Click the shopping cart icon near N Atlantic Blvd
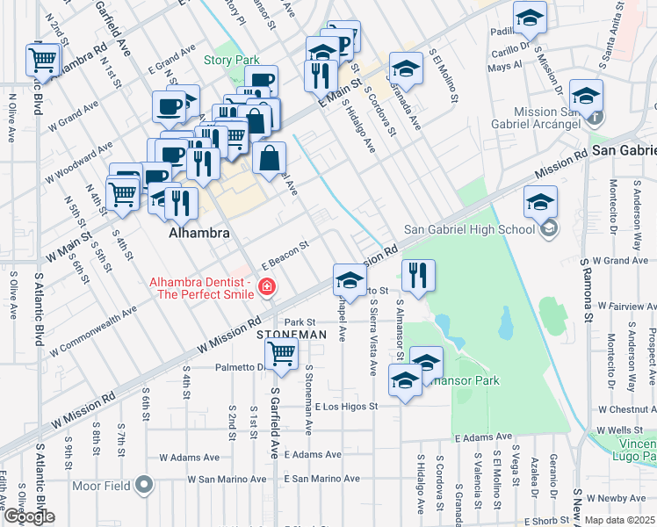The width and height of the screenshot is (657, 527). [42, 60]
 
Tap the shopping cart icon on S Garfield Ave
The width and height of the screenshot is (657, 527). [281, 353]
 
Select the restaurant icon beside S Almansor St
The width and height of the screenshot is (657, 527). [418, 275]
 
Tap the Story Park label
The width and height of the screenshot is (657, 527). [231, 61]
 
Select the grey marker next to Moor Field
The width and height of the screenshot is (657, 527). [144, 485]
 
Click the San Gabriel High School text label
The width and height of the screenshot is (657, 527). [469, 230]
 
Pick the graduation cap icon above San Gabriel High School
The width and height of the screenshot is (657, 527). [540, 201]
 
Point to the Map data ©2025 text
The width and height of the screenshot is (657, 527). [620, 520]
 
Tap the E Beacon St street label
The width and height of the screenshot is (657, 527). [285, 256]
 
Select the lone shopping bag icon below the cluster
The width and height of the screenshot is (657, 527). [270, 158]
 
